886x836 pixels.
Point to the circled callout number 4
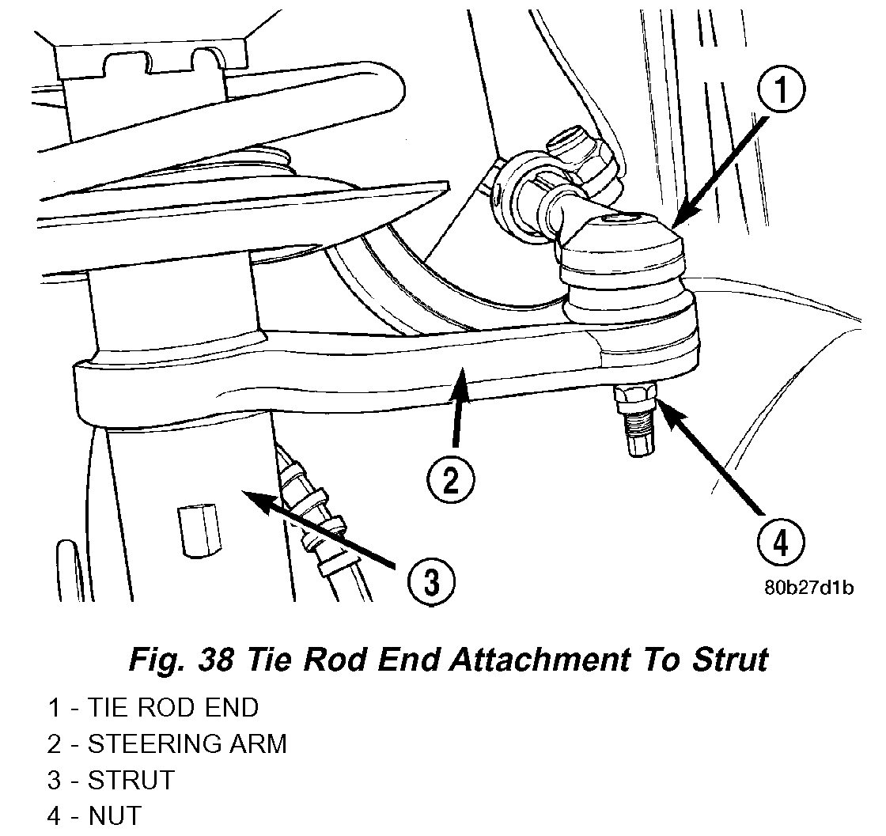779,543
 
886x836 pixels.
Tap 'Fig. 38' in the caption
180,659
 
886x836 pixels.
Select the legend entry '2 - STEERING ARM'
167,743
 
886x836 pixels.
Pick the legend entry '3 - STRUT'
111,780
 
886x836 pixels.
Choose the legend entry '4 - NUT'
95,815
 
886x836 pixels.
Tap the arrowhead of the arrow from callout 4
661,403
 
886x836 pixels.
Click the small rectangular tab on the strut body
195,530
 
